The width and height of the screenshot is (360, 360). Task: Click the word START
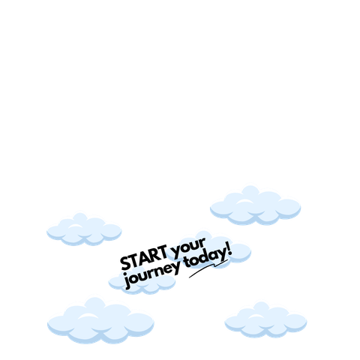pos(144,258)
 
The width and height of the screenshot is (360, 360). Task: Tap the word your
pos(189,248)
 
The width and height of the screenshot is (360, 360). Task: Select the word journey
pos(153,276)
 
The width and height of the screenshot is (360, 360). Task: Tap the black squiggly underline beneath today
pos(208,268)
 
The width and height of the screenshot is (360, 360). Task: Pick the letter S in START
pos(125,263)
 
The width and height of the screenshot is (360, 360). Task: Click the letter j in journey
pos(128,283)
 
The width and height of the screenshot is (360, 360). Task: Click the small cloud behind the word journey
pos(142,281)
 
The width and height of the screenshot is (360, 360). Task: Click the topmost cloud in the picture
pos(255,205)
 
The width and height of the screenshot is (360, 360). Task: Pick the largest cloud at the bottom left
pos(100,321)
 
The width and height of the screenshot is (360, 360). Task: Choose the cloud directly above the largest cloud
pos(84,229)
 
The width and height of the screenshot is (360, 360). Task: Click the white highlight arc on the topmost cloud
pos(244,202)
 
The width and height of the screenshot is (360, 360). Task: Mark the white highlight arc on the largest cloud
pos(88,316)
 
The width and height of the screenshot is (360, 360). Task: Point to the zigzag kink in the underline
pos(215,265)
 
